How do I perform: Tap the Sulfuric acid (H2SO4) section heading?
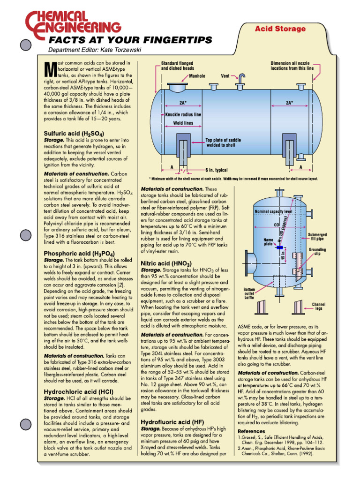point(74,133)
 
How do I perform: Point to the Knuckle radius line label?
point(183,114)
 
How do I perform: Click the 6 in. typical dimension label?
point(216,170)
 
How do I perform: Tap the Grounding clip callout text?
point(317,252)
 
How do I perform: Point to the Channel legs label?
point(319,306)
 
